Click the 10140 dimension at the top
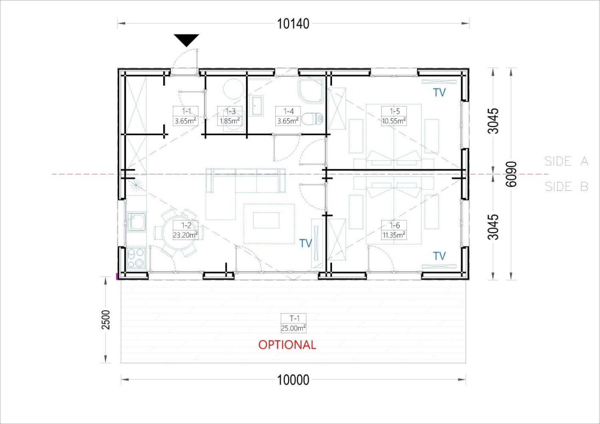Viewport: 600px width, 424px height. (x=293, y=24)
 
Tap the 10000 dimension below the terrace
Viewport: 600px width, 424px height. (x=293, y=380)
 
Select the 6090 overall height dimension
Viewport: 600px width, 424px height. (x=511, y=174)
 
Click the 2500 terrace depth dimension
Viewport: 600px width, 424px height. (x=106, y=320)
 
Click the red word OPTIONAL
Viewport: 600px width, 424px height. (x=287, y=345)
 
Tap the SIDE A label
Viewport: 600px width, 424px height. (x=566, y=161)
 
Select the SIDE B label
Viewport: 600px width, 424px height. (x=566, y=187)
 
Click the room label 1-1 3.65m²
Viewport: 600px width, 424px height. (x=186, y=116)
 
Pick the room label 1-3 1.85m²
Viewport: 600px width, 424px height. (x=230, y=116)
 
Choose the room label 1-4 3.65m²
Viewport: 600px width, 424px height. (x=288, y=116)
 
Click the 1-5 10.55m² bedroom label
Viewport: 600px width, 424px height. (x=394, y=116)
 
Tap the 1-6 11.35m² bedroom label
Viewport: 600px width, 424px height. (x=394, y=230)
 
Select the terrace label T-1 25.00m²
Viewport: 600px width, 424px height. (x=293, y=323)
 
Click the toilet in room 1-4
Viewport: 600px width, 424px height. (x=313, y=119)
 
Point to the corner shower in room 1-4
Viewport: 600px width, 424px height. (x=311, y=91)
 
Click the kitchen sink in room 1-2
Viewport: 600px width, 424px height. (x=137, y=222)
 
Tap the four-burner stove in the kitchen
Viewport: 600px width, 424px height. (x=137, y=258)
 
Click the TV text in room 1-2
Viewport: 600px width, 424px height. (x=306, y=243)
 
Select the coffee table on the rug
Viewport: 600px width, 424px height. (x=266, y=220)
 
